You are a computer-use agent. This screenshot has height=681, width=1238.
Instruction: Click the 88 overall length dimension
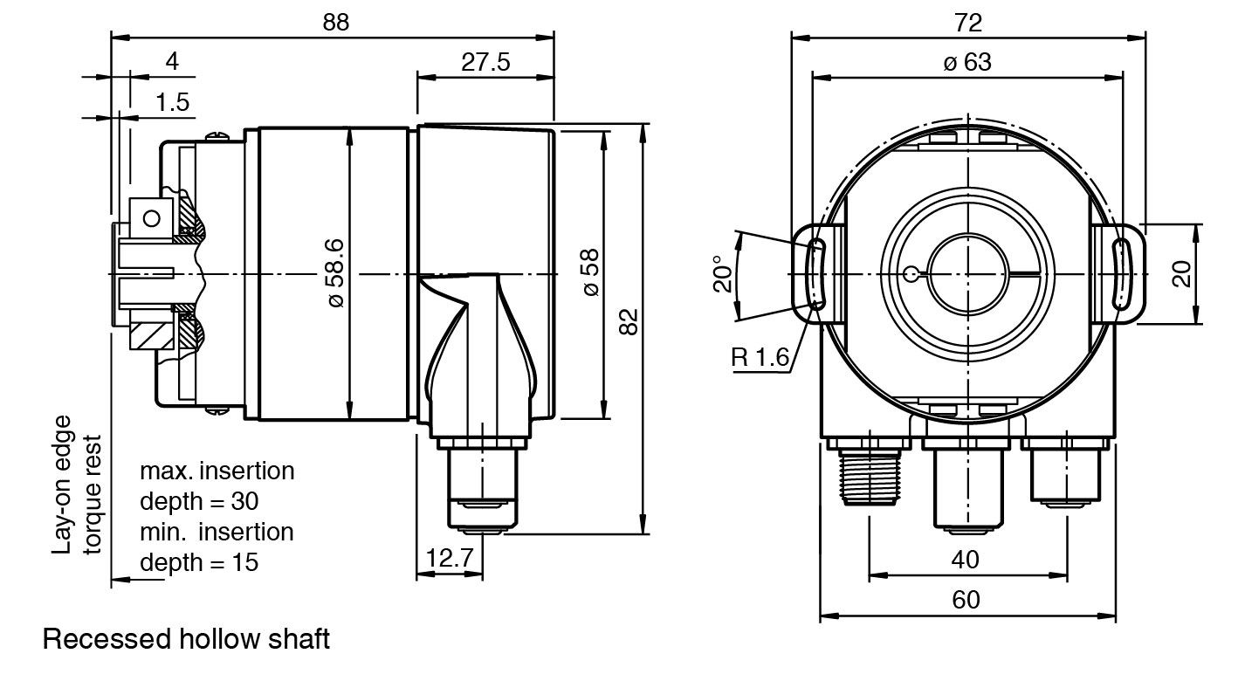tap(335, 24)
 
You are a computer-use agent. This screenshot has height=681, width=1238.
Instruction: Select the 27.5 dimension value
tap(486, 63)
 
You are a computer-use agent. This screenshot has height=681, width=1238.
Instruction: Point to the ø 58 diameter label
tap(591, 272)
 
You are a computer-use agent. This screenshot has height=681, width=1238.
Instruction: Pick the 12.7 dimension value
tap(450, 557)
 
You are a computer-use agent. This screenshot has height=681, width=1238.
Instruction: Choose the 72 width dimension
tap(968, 23)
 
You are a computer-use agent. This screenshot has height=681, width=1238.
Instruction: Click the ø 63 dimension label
tap(967, 63)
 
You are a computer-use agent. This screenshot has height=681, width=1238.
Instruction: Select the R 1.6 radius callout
tap(760, 356)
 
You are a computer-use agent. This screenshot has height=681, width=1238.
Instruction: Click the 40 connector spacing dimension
tap(966, 559)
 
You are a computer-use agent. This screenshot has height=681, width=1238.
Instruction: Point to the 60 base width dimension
tap(966, 600)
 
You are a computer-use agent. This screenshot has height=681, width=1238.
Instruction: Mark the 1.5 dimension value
tap(172, 103)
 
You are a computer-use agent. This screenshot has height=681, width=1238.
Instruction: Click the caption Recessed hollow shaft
tap(186, 640)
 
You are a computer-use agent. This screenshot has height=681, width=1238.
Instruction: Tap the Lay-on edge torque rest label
tap(78, 493)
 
